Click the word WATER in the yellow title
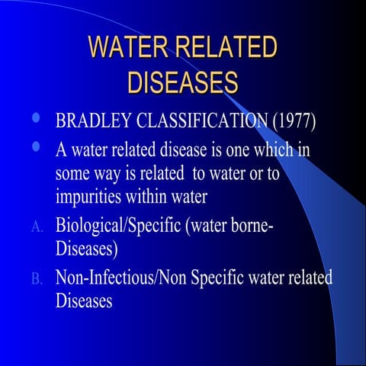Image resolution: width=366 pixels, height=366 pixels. (126, 47)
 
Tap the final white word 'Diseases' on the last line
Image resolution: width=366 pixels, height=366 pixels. (84, 300)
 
